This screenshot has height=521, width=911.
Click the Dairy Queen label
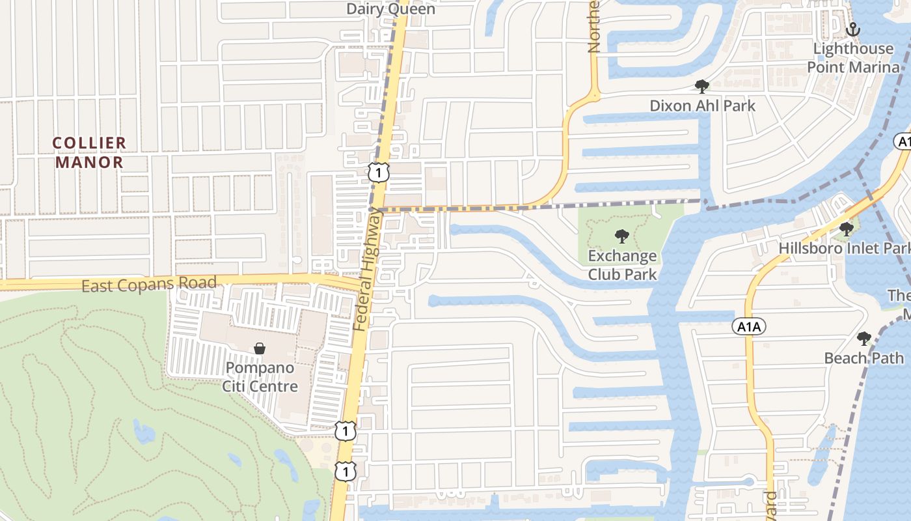390,8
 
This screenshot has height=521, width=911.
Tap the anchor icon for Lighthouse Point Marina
852,29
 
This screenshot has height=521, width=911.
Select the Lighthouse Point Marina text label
853,58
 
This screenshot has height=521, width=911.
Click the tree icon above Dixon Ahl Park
701,86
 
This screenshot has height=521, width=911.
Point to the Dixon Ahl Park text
702,106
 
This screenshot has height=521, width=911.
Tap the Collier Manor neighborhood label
89,152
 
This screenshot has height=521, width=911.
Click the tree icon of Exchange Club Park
622,236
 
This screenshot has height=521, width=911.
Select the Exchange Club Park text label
622,265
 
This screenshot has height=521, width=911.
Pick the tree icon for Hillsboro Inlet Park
846,229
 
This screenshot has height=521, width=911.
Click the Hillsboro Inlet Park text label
845,248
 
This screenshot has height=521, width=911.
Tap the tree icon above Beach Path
863,339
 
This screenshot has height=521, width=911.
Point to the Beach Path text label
863,358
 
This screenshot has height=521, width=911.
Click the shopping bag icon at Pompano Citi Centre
260,348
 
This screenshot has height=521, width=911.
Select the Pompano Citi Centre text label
260,377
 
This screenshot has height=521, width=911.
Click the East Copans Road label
149,284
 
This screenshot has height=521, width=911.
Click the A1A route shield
749,326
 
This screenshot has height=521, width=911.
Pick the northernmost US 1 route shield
378,173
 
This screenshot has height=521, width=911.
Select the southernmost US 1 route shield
346,471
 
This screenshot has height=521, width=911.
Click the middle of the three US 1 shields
346,431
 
